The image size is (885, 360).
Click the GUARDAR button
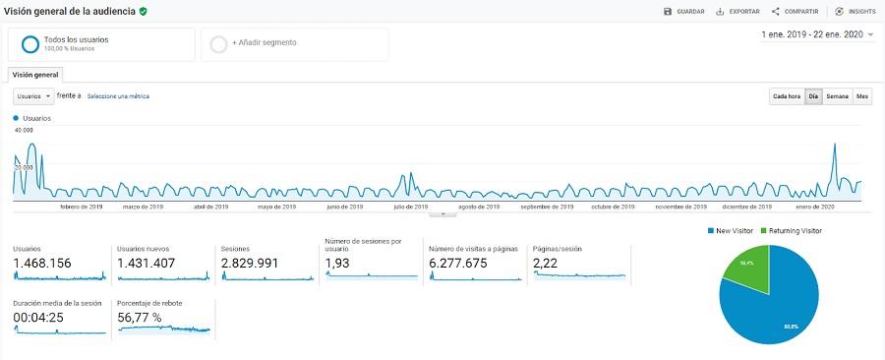click(684, 11)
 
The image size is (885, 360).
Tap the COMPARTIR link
click(796, 11)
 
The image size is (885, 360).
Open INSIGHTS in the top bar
click(855, 11)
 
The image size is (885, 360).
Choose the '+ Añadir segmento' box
click(294, 43)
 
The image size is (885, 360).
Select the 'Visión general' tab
click(36, 74)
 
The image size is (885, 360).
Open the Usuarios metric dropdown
click(33, 96)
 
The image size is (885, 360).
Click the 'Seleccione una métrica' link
click(118, 96)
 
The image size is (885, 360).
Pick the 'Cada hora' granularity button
click(786, 96)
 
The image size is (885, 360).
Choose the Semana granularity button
click(837, 96)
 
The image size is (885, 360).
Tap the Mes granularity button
click(862, 96)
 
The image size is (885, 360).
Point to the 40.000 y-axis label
click(24, 130)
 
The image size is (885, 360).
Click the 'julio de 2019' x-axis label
click(410, 207)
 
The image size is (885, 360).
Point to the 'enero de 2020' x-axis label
click(815, 207)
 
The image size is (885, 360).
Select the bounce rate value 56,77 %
click(152, 317)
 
